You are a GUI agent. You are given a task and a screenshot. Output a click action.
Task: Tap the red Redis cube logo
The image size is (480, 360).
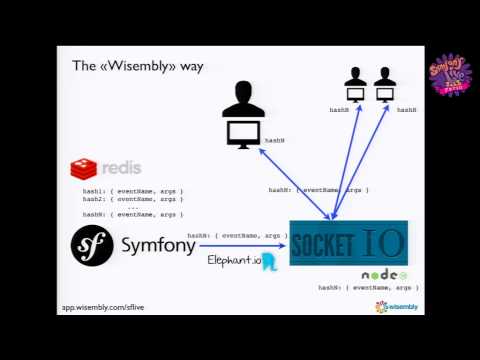83,168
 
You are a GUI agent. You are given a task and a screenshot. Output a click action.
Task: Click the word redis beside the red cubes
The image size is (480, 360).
120,167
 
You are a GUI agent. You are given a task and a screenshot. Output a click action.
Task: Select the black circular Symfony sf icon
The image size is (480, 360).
91,245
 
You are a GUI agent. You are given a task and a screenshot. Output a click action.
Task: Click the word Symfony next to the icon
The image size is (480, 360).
158,245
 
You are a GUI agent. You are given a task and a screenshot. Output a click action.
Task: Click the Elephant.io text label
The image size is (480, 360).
233,260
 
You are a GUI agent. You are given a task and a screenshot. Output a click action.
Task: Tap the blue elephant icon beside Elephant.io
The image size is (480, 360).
268,262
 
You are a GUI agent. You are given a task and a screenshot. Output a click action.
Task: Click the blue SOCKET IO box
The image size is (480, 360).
348,243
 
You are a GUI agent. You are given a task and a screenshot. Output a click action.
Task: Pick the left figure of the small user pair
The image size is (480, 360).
355,85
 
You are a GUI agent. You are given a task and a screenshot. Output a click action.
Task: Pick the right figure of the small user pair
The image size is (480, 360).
385,85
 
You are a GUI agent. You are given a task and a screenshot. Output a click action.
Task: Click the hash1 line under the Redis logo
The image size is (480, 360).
133,190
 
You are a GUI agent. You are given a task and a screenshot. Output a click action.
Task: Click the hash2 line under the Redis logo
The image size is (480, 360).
133,198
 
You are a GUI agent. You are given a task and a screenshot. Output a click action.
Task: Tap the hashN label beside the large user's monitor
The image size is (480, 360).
274,142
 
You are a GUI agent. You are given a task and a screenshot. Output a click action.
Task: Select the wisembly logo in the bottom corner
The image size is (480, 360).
396,307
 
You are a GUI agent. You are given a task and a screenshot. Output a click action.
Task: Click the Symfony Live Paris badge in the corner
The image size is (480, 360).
449,75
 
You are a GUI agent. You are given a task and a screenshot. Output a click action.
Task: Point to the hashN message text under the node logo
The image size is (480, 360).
368,288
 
